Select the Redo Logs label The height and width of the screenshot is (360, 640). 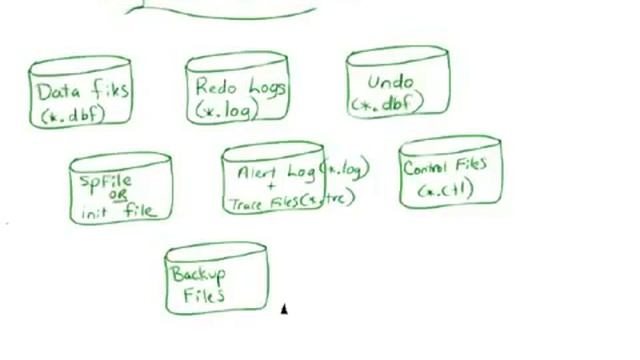(x=239, y=88)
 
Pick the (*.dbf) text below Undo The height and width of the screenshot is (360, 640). (x=386, y=102)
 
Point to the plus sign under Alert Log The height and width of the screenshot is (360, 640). (x=270, y=187)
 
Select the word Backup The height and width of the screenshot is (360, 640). (x=197, y=273)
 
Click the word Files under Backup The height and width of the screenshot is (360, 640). (x=203, y=294)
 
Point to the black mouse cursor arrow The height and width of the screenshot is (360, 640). (x=284, y=310)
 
